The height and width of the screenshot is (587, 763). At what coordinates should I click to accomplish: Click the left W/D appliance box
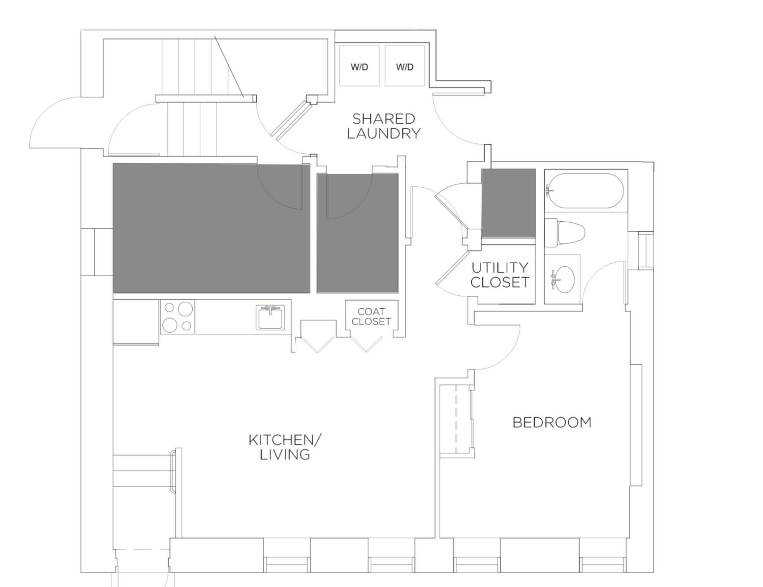tap(359, 66)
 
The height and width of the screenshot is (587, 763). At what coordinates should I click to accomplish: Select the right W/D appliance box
tap(405, 66)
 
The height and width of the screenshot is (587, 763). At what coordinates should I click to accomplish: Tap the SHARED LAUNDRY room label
tap(383, 126)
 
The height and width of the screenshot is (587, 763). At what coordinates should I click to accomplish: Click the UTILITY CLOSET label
tap(500, 275)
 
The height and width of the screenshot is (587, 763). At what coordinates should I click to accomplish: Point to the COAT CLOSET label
tap(371, 316)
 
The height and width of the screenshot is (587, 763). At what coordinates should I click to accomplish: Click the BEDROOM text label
tap(552, 422)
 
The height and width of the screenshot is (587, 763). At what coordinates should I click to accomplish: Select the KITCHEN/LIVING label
tap(285, 447)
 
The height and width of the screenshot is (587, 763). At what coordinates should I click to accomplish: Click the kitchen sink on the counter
tap(270, 317)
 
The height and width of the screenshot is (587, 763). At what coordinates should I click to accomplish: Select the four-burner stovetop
tap(177, 317)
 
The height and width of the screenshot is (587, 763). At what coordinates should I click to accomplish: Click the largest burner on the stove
tap(185, 308)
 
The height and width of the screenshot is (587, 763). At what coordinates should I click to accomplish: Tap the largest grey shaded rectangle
tap(211, 228)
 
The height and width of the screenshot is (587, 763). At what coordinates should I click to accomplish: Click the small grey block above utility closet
tap(509, 203)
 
